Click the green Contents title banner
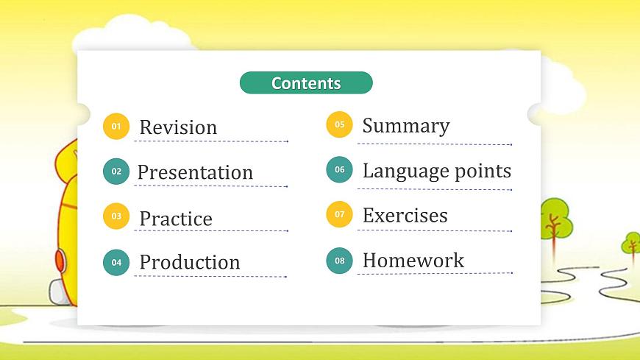306,83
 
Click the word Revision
178,127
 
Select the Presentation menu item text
195,172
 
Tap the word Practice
176,219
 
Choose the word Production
190,262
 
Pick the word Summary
405,125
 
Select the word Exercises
405,216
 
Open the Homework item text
413,260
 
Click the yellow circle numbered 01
116,127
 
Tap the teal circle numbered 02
116,172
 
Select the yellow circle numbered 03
116,216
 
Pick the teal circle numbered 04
116,262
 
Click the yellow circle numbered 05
339,124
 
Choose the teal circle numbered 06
339,169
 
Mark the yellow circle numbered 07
339,214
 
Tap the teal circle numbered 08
339,260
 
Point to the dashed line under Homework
434,274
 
